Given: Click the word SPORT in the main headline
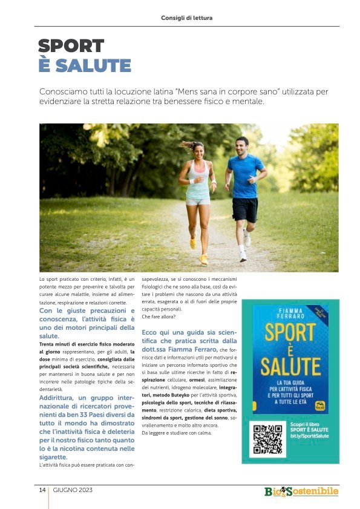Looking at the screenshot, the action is [71, 47].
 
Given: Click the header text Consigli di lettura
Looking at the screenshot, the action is [186, 18].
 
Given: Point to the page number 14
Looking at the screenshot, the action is [43, 490].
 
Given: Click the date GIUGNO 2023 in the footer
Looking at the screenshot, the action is [73, 490].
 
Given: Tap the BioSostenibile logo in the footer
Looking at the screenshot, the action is [301, 491].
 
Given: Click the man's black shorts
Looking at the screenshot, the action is [245, 209].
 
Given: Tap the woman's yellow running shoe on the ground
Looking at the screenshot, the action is [204, 259].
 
